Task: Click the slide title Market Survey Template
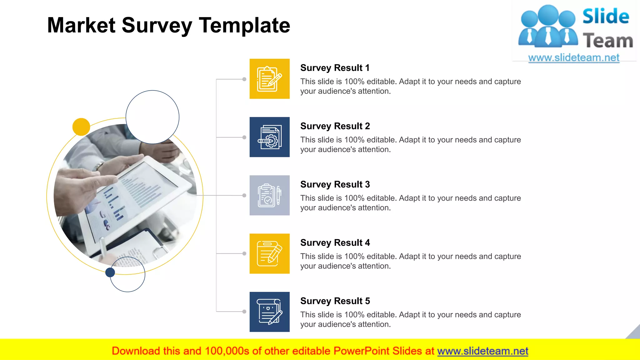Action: click(x=169, y=25)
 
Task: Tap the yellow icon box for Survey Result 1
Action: click(x=269, y=79)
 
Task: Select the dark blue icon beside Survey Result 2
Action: click(x=269, y=137)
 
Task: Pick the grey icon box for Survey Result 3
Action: click(x=269, y=195)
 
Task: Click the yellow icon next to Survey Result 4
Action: click(x=269, y=253)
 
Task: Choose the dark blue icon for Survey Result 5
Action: click(x=269, y=312)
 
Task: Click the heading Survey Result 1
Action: click(x=335, y=68)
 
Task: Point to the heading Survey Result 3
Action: click(x=335, y=184)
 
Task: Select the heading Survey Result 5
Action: click(x=335, y=301)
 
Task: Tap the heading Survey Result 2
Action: click(x=335, y=126)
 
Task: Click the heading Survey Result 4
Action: click(x=335, y=243)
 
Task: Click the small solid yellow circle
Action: click(x=81, y=127)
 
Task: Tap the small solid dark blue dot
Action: click(x=110, y=272)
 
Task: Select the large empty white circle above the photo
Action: click(x=152, y=117)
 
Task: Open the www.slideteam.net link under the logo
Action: click(x=574, y=58)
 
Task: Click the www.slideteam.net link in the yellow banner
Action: click(x=482, y=351)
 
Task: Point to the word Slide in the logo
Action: click(x=606, y=16)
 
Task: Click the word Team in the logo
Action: click(x=608, y=41)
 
